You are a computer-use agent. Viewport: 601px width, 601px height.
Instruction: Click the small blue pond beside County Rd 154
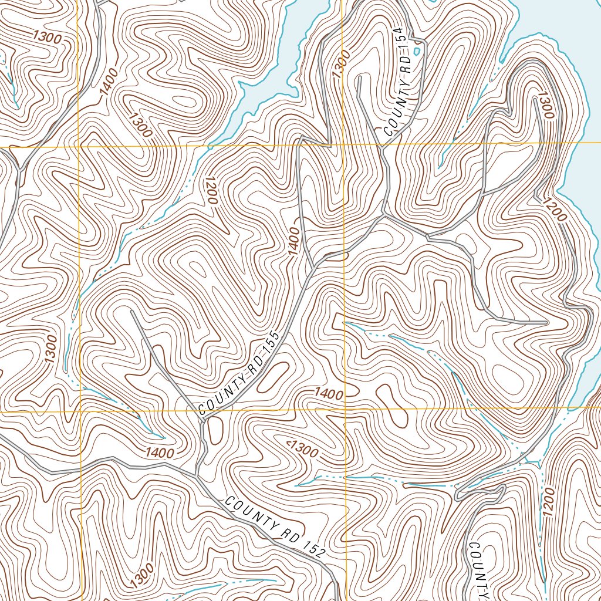[x=417, y=52]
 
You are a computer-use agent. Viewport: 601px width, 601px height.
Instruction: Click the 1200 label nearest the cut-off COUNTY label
[x=547, y=502]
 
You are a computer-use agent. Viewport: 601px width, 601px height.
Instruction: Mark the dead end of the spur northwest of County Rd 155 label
[x=132, y=312]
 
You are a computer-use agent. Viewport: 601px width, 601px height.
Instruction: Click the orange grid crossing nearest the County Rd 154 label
[x=342, y=144]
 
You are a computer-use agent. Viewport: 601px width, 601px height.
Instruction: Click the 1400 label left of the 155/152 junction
[x=160, y=453]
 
